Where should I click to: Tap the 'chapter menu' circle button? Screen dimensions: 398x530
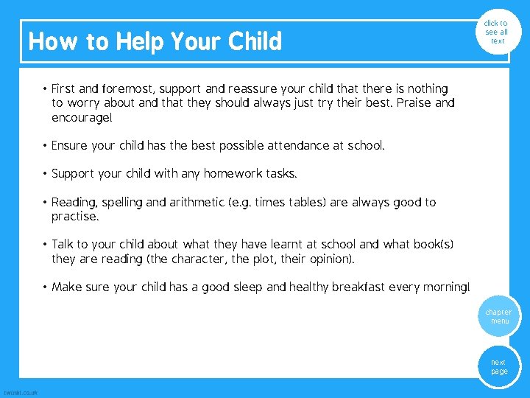(499, 317)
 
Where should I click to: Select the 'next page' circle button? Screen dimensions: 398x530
(499, 366)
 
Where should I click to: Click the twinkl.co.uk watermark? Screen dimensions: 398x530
(21, 392)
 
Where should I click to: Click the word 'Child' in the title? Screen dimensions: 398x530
(255, 41)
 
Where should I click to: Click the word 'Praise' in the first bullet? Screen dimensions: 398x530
(414, 103)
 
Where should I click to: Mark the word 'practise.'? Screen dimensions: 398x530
(74, 217)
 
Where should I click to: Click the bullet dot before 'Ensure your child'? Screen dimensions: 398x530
(45, 146)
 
